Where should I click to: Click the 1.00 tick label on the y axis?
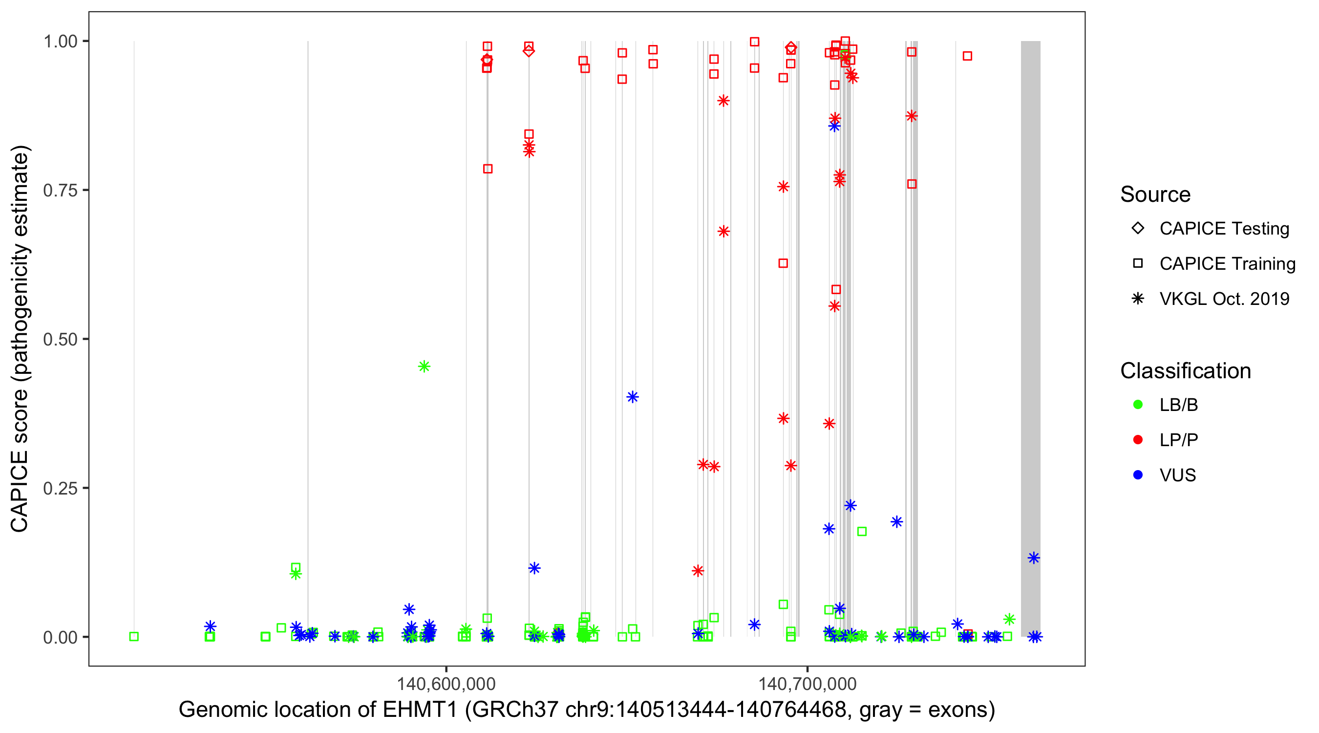[60, 41]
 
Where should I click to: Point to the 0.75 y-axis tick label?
[60, 190]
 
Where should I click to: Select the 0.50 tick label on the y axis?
[60, 339]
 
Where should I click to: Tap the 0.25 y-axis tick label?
[60, 488]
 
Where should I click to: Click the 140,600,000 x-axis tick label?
[446, 684]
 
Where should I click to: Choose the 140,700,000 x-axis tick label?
[807, 684]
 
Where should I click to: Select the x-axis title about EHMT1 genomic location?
[587, 710]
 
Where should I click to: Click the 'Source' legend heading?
[1155, 194]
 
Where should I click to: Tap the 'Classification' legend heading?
[1185, 371]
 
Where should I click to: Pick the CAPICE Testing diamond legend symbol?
[1138, 229]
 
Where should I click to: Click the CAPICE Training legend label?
[1227, 264]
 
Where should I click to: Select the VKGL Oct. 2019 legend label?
[1224, 299]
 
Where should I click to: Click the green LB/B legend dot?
[1138, 405]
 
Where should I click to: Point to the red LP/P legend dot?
[1138, 440]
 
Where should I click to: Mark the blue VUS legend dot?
[1138, 475]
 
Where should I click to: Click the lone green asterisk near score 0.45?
[424, 366]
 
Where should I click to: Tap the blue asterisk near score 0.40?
[632, 397]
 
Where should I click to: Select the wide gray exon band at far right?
[1030, 338]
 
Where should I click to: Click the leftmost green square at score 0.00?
[134, 637]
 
